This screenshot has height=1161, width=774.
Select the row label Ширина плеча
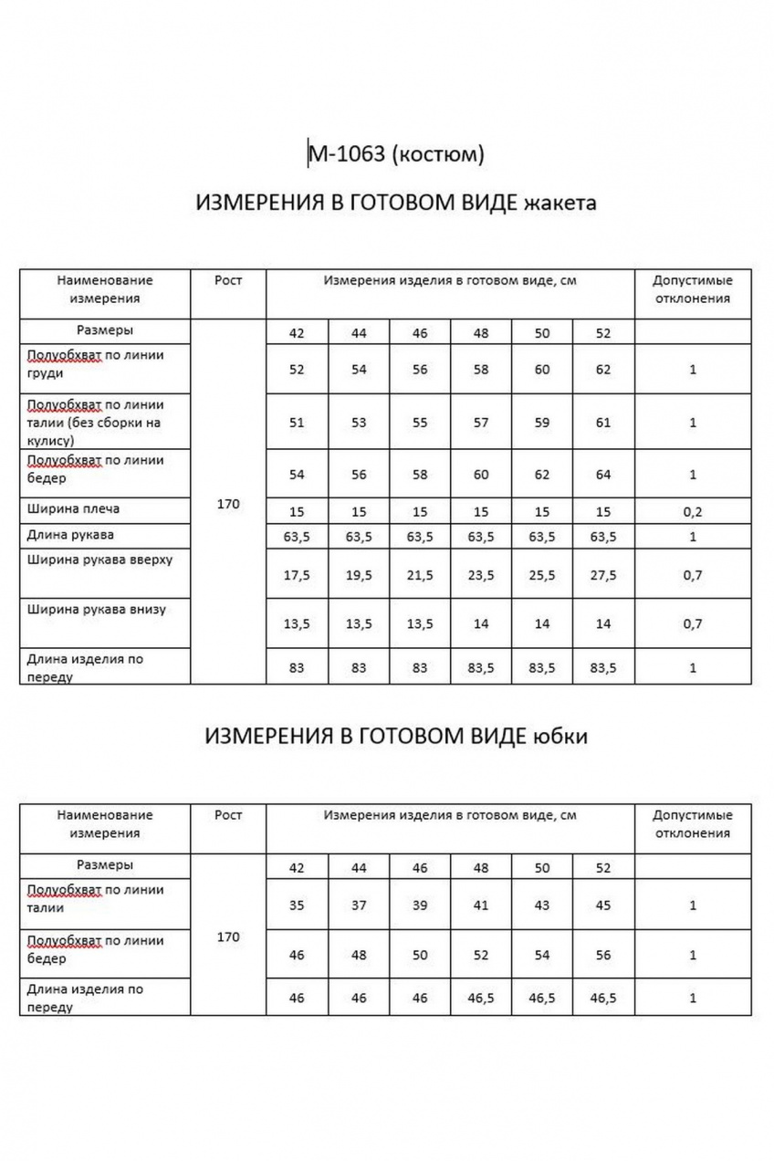73,508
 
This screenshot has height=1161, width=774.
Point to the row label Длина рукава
70,535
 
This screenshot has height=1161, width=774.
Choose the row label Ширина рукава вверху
99,560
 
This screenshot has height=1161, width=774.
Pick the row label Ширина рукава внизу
97,609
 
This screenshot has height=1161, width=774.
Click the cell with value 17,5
297,575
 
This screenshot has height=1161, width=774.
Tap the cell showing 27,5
602,575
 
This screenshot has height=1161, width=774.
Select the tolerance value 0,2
693,512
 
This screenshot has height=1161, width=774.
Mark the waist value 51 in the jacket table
297,423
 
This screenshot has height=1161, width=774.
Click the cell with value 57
481,423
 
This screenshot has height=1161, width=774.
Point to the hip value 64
602,475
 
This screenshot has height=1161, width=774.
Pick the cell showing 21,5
420,575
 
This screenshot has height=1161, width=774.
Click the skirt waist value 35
297,905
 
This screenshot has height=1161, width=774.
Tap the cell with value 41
481,905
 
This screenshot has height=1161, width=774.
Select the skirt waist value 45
602,905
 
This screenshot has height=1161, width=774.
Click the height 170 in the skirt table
228,936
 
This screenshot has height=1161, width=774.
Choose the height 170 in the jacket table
228,504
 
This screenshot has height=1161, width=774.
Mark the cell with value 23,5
481,575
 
